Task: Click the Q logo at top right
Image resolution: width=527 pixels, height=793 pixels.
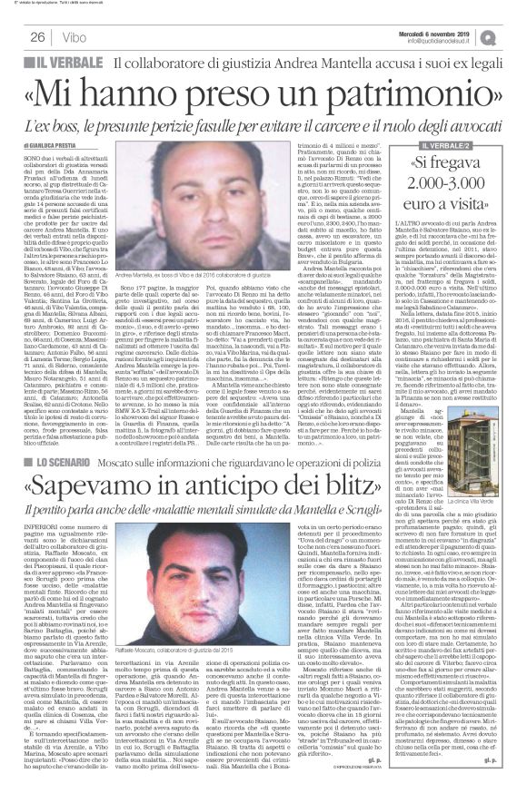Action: tap(513, 36)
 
